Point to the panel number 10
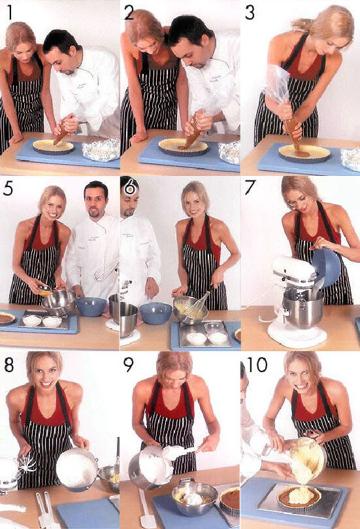258,364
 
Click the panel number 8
9,364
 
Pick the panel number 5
8,188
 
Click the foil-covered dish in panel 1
101,149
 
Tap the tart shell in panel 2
184,146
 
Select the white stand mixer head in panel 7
294,270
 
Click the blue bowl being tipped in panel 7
326,268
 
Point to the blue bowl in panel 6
155,313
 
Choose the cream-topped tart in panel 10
299,498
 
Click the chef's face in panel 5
96,203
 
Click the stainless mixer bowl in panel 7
303,309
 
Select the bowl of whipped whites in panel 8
77,468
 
